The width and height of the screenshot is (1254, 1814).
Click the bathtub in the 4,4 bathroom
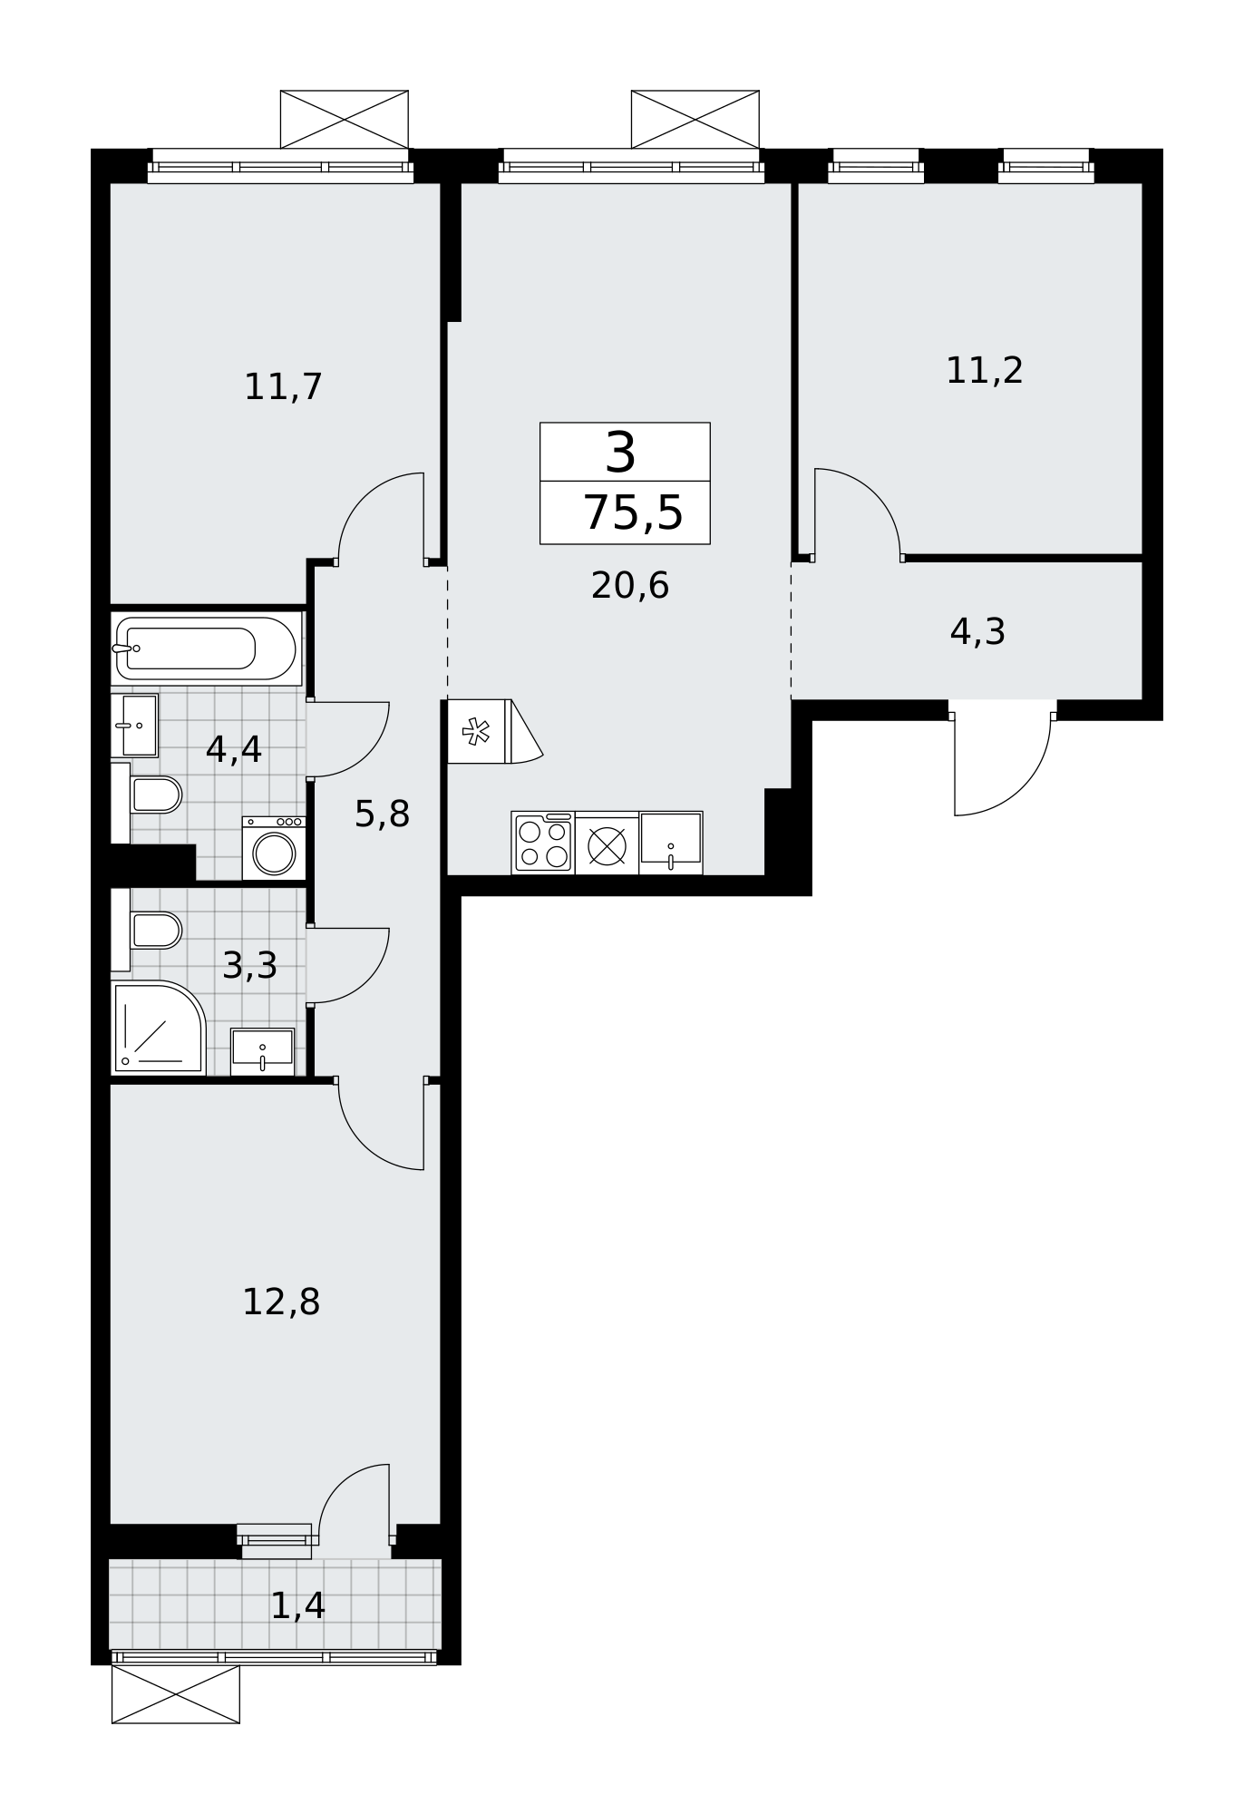206,649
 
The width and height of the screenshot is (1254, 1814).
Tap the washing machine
274,848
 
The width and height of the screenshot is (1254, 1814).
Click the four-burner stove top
543,844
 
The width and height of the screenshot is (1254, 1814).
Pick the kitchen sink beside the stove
671,844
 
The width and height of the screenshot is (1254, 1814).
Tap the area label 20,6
630,586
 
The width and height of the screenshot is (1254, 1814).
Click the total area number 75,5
633,513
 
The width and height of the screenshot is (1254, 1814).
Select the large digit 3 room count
621,453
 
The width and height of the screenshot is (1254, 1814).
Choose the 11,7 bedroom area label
284,387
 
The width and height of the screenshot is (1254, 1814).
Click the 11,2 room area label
985,371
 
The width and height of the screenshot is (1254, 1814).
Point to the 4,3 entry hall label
977,632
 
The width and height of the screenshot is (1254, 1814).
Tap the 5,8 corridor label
382,814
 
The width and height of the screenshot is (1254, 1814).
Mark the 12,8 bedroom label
281,1302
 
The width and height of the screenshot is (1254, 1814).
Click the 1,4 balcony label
298,1606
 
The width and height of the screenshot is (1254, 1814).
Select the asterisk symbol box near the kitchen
476,731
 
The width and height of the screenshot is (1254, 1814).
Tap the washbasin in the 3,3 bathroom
262,1051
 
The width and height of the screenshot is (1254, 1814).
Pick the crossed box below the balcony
176,1694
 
